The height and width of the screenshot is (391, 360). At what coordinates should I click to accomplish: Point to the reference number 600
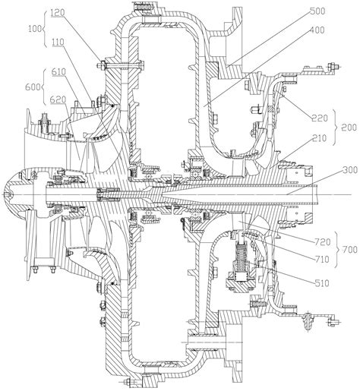point(11,88)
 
